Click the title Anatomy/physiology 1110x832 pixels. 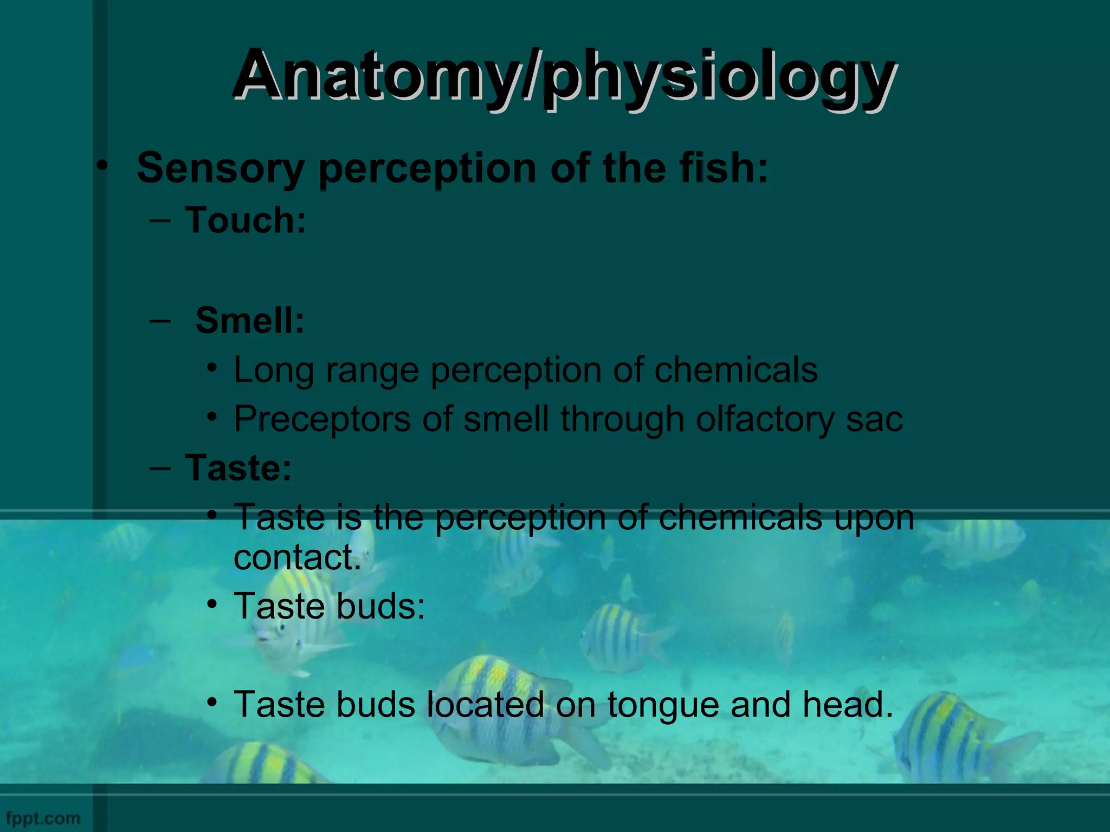(x=564, y=76)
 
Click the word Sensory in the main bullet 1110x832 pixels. (x=220, y=168)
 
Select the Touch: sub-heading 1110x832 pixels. (x=246, y=220)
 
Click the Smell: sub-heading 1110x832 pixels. (x=249, y=320)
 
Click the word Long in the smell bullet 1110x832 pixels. (x=274, y=370)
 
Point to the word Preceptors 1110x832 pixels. (x=322, y=420)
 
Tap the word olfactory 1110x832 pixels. (x=764, y=420)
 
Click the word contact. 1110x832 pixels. (x=297, y=557)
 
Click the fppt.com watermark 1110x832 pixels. (x=43, y=818)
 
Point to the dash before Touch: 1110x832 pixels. (x=160, y=220)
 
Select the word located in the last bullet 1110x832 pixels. (x=485, y=705)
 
